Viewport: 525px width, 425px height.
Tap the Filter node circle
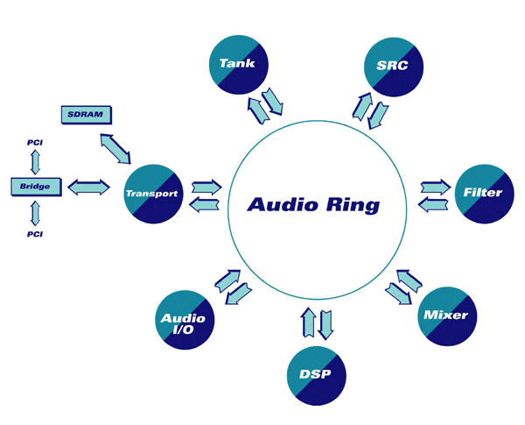tap(483, 192)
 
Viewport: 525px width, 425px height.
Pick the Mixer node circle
tap(444, 315)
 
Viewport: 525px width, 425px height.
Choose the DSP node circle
tap(315, 374)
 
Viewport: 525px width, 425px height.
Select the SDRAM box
tap(86, 115)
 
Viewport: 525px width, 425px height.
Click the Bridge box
tap(34, 186)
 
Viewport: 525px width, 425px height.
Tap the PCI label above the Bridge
tap(35, 140)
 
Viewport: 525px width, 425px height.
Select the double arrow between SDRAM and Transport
tap(115, 149)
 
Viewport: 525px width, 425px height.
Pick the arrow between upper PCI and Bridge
tap(35, 161)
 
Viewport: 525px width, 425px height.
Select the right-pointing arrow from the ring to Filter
tap(435, 187)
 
